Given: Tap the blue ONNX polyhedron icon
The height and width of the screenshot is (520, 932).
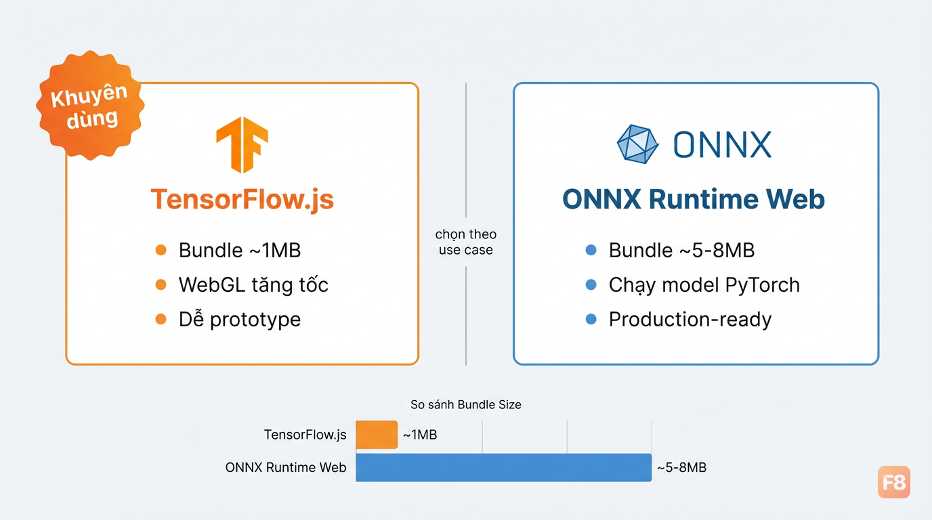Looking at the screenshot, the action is (637, 144).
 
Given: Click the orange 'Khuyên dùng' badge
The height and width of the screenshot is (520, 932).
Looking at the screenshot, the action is (90, 105).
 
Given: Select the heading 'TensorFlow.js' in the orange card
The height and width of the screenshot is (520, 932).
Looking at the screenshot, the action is (242, 199).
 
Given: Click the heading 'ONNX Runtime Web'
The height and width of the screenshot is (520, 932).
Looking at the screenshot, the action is (693, 199).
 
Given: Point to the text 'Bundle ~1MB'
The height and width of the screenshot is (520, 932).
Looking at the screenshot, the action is (240, 251).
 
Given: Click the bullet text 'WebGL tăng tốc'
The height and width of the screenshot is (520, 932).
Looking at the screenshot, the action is (253, 285).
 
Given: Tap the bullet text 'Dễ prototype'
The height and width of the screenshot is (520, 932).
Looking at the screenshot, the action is (240, 320).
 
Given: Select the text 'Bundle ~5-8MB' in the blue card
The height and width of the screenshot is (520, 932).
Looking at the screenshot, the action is (681, 251).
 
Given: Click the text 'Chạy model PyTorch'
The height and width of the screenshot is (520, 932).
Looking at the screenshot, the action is (704, 285).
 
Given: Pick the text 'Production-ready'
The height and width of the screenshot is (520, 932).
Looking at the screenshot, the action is (690, 320).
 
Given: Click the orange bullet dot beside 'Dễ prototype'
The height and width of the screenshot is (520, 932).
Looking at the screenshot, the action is (161, 319).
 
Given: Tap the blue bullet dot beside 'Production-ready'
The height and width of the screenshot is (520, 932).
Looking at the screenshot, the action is (591, 319).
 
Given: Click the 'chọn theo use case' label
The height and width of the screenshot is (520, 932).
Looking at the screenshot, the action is (466, 242).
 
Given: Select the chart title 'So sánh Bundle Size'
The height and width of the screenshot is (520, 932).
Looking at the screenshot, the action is (466, 404).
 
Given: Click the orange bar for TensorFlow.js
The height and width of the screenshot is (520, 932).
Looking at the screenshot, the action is (377, 435).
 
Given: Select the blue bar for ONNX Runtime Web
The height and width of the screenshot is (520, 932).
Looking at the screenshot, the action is (503, 468).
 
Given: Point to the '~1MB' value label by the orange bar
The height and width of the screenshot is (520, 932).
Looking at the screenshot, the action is (420, 435).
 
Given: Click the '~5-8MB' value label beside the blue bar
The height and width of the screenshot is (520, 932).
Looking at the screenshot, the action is (681, 468).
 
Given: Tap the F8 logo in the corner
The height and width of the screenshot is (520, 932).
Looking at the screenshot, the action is (893, 482).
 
